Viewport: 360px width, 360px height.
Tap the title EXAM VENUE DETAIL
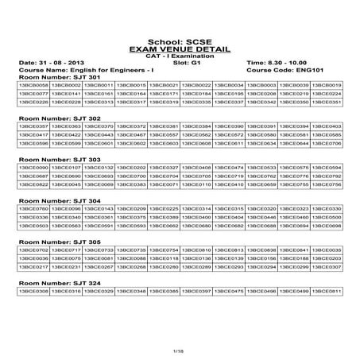[180, 48]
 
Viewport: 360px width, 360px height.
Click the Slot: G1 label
[180, 61]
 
